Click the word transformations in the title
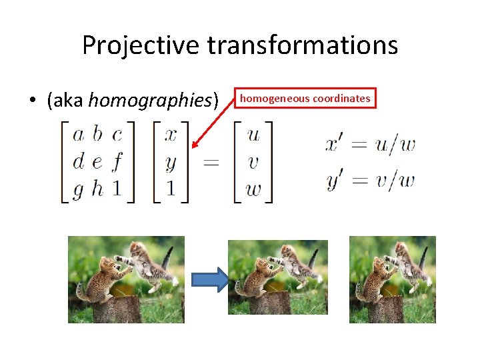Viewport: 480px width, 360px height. (x=303, y=45)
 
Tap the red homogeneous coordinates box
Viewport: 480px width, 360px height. (x=305, y=98)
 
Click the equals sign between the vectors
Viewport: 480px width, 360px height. (x=211, y=163)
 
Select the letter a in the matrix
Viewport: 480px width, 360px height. (x=78, y=135)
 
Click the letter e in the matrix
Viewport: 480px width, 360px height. (x=97, y=162)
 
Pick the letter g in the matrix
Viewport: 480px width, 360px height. (x=78, y=191)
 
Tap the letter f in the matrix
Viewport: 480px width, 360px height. (x=117, y=162)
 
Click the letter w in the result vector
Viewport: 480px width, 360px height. (x=253, y=190)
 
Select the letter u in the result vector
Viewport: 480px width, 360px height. (x=253, y=135)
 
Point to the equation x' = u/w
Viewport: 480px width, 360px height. (x=370, y=145)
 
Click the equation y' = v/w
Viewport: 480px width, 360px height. (x=370, y=180)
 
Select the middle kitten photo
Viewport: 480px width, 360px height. (x=277, y=277)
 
